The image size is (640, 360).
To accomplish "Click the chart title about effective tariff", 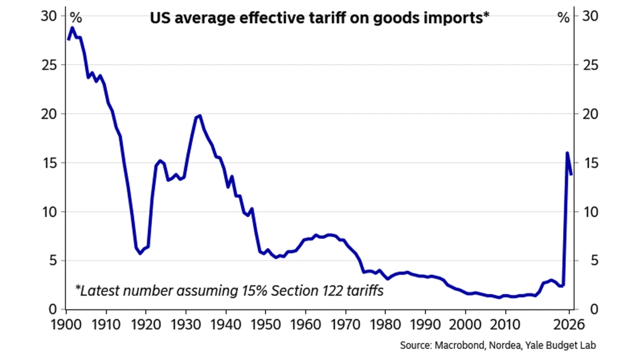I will tap(320, 18).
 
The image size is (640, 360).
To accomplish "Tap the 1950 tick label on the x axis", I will tap(265, 326).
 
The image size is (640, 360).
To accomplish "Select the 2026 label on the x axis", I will tap(569, 326).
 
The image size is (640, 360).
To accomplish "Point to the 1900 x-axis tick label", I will tap(66, 326).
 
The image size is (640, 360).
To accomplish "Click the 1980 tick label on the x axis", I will tap(385, 326).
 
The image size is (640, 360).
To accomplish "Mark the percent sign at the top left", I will tap(75, 18).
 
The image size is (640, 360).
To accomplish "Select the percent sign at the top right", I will tap(563, 18).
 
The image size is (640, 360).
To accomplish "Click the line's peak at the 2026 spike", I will tap(567, 153).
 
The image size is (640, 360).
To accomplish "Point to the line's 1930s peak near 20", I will tap(199, 116).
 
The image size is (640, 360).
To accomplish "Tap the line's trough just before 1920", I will tap(140, 253).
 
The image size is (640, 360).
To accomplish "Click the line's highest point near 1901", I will tap(72, 28).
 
